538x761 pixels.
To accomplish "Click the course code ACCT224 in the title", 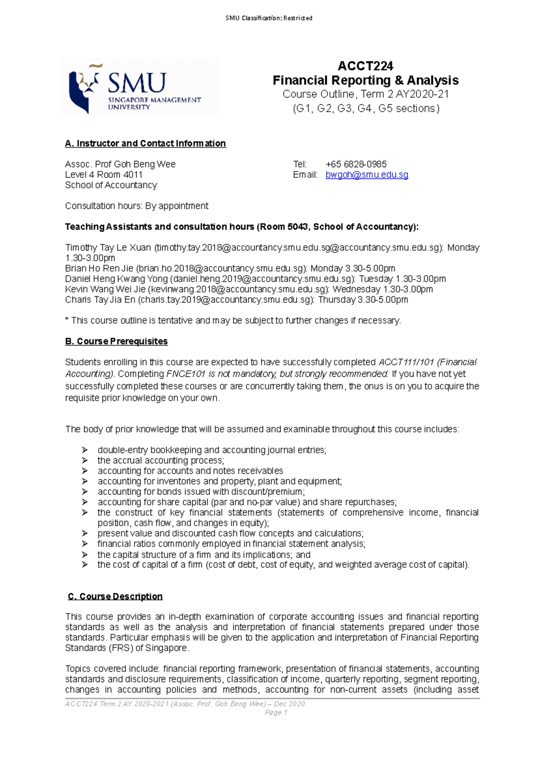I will tap(365, 66).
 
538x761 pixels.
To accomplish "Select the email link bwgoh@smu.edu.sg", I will tap(366, 175).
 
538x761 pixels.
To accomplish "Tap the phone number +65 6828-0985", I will tap(356, 164).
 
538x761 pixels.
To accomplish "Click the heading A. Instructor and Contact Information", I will tap(145, 143).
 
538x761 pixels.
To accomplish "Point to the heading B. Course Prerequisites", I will tap(116, 342).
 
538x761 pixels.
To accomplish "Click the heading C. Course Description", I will tap(115, 597).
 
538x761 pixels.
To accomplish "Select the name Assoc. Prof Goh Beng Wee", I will tap(120, 164).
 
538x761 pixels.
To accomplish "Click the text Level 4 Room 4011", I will tap(104, 175).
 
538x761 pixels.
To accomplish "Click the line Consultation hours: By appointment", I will tap(136, 206).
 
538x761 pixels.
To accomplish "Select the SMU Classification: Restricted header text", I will tap(269, 18).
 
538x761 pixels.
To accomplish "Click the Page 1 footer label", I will tap(276, 713).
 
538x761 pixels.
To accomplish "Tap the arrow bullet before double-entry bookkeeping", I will tap(85, 450).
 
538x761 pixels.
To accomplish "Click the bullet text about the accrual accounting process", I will tap(160, 461).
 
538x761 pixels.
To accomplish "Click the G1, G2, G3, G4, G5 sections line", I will tap(365, 108).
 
